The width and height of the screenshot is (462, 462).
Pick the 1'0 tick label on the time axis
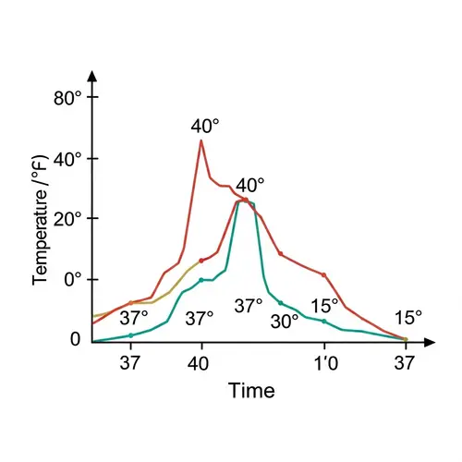325,363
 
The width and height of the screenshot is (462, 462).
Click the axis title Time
251,391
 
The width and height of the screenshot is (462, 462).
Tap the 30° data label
284,321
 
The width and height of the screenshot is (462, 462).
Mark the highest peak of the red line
201,140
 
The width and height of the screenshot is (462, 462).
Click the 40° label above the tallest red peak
205,126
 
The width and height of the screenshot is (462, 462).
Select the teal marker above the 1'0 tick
324,321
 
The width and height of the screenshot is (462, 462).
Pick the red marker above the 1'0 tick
324,274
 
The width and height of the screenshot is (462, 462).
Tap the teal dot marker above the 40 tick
201,280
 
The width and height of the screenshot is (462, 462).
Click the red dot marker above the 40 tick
201,261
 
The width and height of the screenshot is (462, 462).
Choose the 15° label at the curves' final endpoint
407,317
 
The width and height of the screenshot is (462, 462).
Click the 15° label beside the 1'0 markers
324,306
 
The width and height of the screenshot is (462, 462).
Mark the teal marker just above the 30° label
281,303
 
